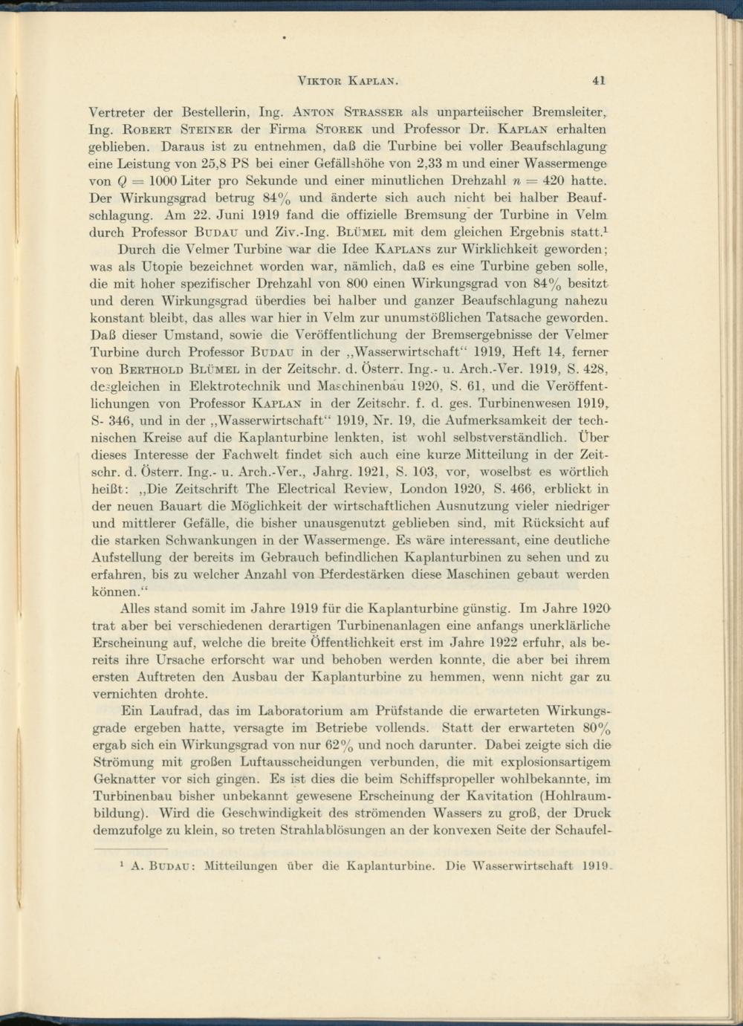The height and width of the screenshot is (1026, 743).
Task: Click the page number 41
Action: (x=600, y=80)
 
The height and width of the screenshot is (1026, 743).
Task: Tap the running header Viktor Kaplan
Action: (x=348, y=80)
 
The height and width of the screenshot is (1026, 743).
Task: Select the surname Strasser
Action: (x=376, y=113)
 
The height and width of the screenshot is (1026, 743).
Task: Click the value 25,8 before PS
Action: (x=219, y=163)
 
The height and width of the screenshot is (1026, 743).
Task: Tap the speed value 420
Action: (x=553, y=181)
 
